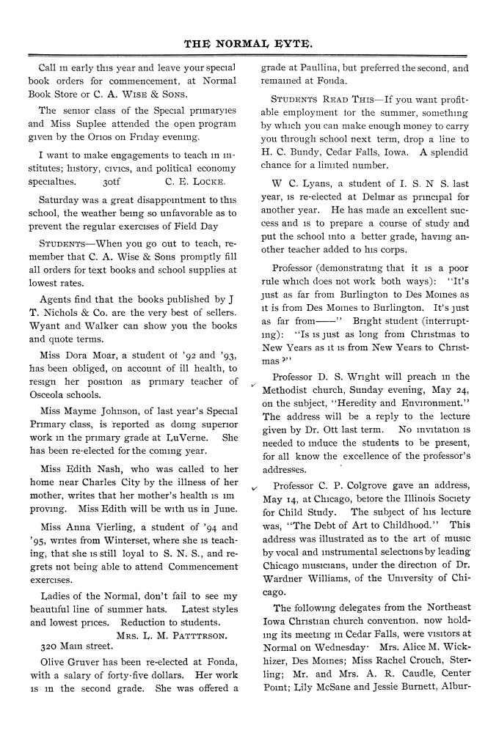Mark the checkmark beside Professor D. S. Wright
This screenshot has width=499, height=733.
pos(253,384)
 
